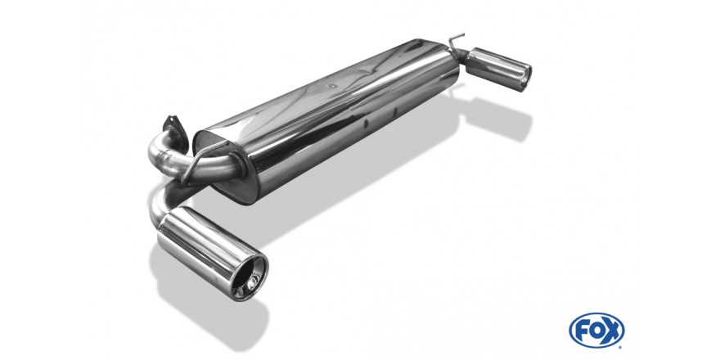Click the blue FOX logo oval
596,331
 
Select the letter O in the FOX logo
596,331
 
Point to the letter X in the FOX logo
612,331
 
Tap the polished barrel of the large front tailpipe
202,243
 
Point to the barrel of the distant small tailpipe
493,66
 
